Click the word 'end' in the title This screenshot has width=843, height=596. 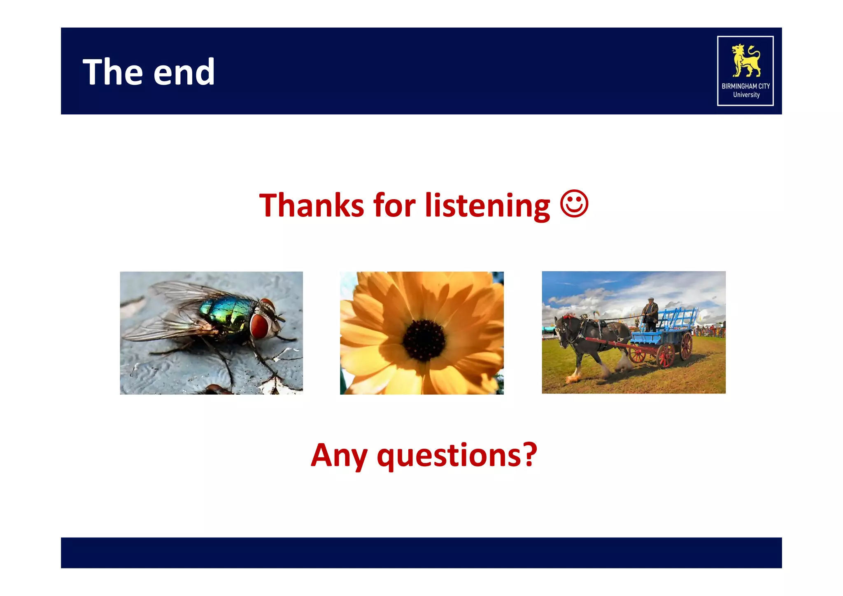pyautogui.click(x=184, y=73)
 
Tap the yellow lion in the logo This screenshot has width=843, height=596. pyautogui.click(x=745, y=61)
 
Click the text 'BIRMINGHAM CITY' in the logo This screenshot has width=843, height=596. pyautogui.click(x=745, y=86)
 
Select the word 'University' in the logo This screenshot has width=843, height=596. pyautogui.click(x=746, y=95)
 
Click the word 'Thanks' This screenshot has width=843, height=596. pyautogui.click(x=312, y=205)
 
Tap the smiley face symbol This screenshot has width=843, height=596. pyautogui.click(x=574, y=203)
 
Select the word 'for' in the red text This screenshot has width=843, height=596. pyautogui.click(x=394, y=205)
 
